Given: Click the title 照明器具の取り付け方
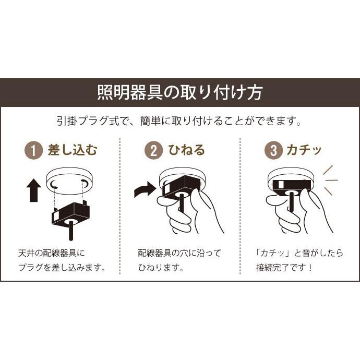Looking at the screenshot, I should pos(180,93).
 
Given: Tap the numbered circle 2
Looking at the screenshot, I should pos(153,151).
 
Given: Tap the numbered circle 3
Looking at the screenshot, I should pos(273,151).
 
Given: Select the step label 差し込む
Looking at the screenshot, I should pos(73,151).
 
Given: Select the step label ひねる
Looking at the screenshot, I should pos(186,151).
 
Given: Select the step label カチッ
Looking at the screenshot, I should pos(304,151).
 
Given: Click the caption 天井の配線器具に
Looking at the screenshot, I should pos(51,253).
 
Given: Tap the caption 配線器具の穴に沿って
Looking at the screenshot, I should pos(179,253).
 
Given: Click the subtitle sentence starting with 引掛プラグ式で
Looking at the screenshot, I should pos(179,122).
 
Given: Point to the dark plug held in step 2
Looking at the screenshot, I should pos(180,188).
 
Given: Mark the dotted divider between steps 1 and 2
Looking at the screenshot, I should pos(120,209).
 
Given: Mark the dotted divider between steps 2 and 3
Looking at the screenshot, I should pos(239,209).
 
